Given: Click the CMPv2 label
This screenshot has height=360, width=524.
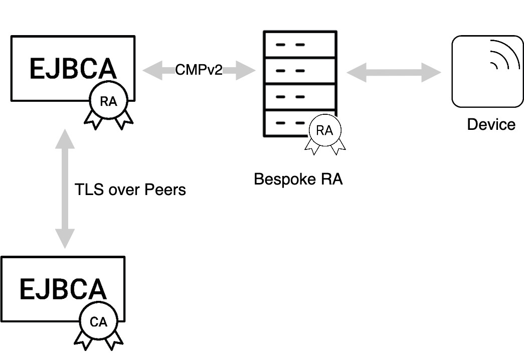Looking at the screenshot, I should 199,70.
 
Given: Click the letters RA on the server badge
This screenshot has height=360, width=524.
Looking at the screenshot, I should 324,131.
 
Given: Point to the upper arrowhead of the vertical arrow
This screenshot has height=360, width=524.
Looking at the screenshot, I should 65,139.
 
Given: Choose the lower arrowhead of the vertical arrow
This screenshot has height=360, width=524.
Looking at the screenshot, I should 65,238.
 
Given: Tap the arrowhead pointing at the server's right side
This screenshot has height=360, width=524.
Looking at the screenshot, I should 356,73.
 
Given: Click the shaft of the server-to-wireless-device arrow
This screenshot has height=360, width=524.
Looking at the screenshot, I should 394,73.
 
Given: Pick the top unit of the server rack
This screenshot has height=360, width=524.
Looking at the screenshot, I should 300,45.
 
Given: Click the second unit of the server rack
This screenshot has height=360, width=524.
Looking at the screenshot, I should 300,71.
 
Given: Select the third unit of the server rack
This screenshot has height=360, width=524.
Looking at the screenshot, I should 300,97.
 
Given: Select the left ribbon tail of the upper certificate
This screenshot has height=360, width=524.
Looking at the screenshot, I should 94,121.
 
